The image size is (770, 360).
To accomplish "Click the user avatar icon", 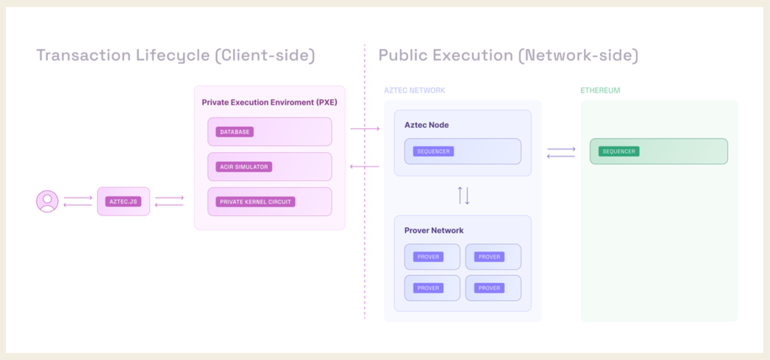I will tap(47, 201).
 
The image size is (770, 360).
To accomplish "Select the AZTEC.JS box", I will tap(123, 201).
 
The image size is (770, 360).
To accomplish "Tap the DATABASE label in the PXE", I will tap(235, 132).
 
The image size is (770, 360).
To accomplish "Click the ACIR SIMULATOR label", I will tap(244, 167).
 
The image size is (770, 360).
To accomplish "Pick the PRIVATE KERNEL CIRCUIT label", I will tap(255, 202).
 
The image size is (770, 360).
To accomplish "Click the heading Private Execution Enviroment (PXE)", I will tap(269, 102).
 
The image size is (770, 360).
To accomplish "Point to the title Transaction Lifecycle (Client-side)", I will tap(176, 55).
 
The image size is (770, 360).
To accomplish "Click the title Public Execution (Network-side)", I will tap(508, 55).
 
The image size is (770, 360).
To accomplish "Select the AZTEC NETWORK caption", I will tap(414, 90).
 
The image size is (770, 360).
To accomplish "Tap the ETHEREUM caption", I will tap(600, 90).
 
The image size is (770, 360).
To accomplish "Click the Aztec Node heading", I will tap(426, 125).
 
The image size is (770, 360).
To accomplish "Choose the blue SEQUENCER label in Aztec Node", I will tap(433, 152).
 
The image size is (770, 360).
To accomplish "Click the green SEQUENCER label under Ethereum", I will tap(619, 152).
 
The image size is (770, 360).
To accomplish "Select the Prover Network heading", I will tap(434, 231).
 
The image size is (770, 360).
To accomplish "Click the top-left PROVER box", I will tap(432, 257).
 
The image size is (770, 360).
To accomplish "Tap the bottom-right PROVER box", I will tap(493, 288).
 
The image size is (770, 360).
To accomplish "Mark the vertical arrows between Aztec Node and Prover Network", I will tap(463, 195).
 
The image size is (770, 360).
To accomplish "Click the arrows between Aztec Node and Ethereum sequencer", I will tap(561, 153).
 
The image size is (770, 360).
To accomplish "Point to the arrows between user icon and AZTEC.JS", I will tap(77, 201).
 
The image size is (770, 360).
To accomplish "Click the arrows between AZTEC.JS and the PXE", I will tap(169, 201).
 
